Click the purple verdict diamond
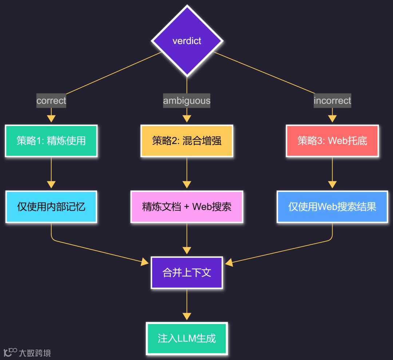pyautogui.click(x=187, y=40)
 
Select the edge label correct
pyautogui.click(x=51, y=100)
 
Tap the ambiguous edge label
pyautogui.click(x=187, y=100)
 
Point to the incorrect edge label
pyautogui.click(x=332, y=100)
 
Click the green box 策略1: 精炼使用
pyautogui.click(x=51, y=141)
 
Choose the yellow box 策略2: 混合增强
pyautogui.click(x=187, y=141)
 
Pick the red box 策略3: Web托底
pyautogui.click(x=332, y=141)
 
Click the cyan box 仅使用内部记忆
pyautogui.click(x=51, y=207)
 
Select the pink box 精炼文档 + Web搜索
pyautogui.click(x=187, y=207)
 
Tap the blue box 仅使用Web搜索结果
pyautogui.click(x=332, y=207)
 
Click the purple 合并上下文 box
pyautogui.click(x=187, y=273)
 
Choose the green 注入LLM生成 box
pyautogui.click(x=187, y=338)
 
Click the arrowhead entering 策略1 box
pyautogui.click(x=51, y=119)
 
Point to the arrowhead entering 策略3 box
pyautogui.click(x=332, y=119)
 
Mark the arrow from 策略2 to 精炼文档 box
pyautogui.click(x=187, y=173)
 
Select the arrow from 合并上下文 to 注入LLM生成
pyautogui.click(x=187, y=304)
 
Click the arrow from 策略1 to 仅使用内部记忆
pyautogui.click(x=51, y=173)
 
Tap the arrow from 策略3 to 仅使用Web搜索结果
pyautogui.click(x=332, y=173)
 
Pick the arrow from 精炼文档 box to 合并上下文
pyautogui.click(x=187, y=238)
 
